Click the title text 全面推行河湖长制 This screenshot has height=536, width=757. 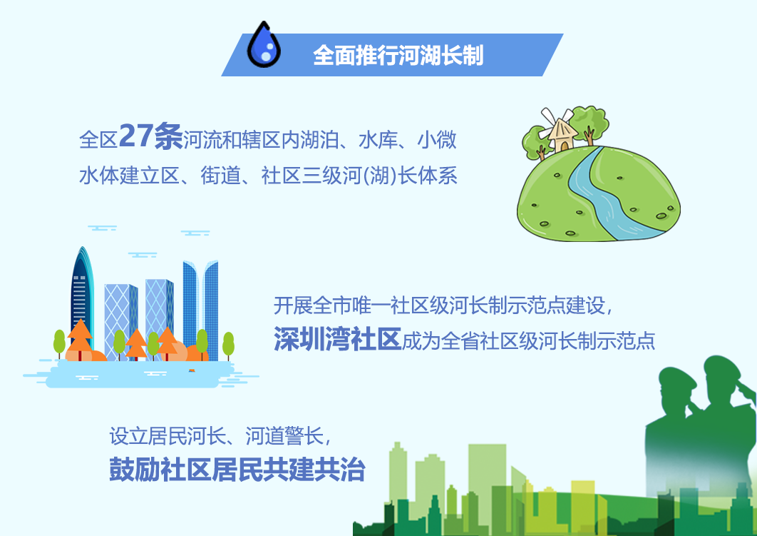coord(398,55)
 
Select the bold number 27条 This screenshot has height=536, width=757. coord(150,136)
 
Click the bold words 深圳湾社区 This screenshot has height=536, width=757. coord(337,338)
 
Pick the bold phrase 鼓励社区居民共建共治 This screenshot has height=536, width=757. coord(237,469)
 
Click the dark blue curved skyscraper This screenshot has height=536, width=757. coord(83,295)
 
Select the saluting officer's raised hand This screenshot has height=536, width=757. coord(744,388)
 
